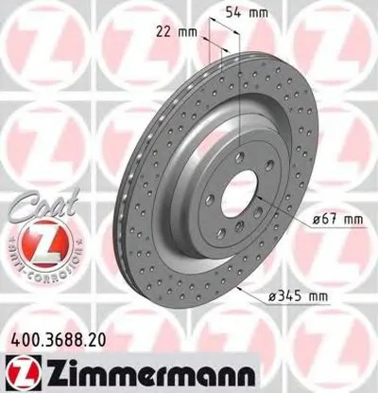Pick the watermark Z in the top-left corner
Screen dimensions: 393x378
point(33,38)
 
